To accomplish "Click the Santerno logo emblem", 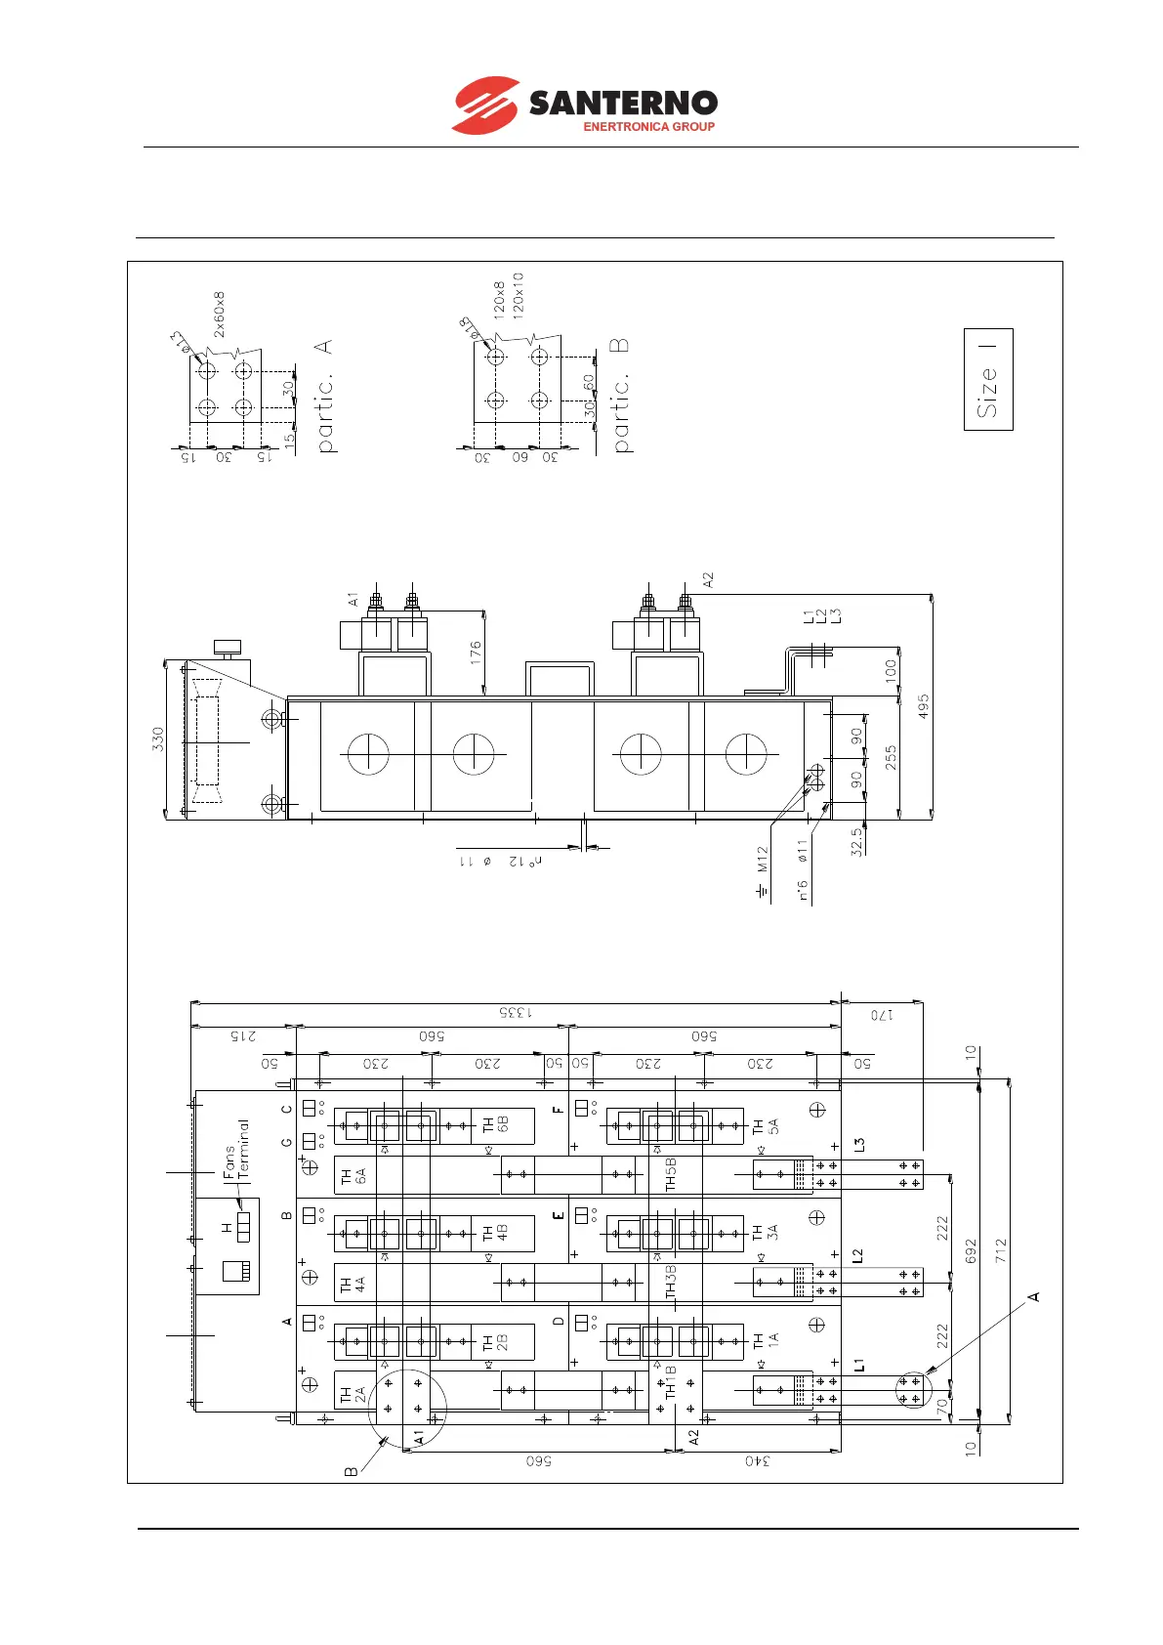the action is click(x=485, y=105).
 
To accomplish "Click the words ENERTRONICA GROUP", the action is click(x=648, y=127).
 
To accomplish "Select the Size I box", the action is click(x=988, y=379).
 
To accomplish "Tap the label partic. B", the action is click(x=620, y=396).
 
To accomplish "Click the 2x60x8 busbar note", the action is click(x=220, y=314).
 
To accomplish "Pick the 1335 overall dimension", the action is click(x=517, y=1013).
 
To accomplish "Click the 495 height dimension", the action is click(x=924, y=706).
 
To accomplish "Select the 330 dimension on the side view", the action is click(x=158, y=738).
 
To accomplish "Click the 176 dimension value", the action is click(x=476, y=653).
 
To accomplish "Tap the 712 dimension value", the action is click(x=1001, y=1251).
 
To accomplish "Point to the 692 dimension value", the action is click(x=971, y=1251).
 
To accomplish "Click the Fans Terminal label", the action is click(x=236, y=1150).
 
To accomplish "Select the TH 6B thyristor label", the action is click(x=496, y=1126).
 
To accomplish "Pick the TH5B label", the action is click(x=671, y=1174).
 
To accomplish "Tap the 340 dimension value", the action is click(x=758, y=1461).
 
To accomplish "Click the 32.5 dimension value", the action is click(x=857, y=842).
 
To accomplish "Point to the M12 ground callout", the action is click(x=763, y=860).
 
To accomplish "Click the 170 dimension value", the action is click(x=882, y=1015).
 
